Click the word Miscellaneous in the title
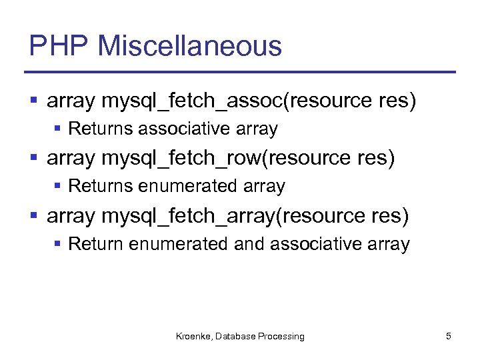[x=189, y=47]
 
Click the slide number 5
[x=449, y=336]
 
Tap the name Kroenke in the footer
[x=193, y=337]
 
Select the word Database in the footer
[x=235, y=337]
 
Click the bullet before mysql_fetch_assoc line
[x=34, y=101]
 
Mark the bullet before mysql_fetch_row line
[x=34, y=159]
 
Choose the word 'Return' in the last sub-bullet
[x=96, y=244]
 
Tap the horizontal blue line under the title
[x=240, y=72]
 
